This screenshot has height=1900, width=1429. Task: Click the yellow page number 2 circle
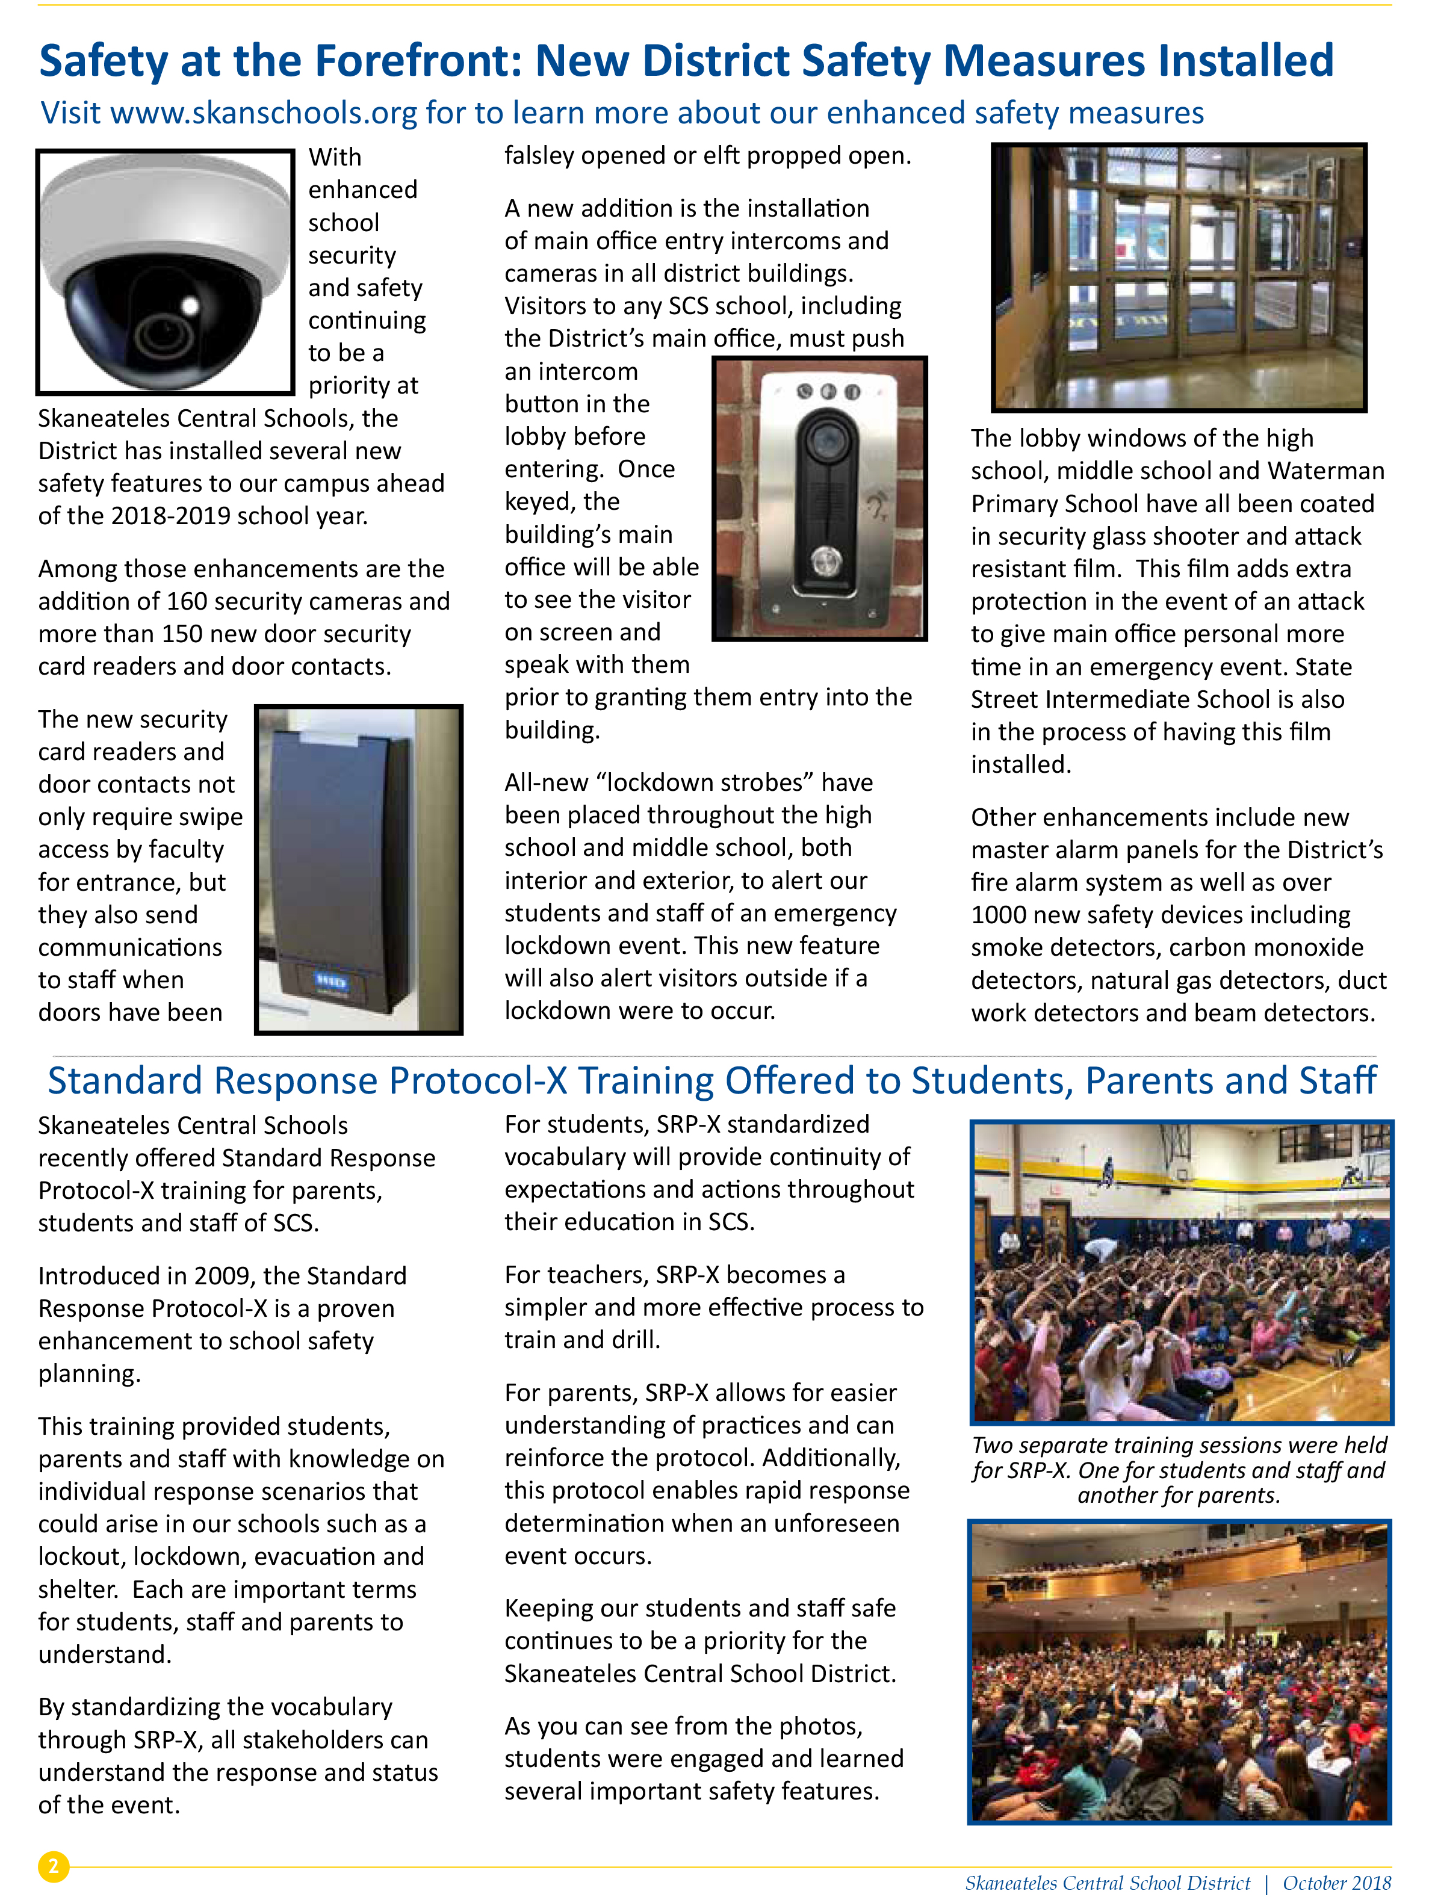[54, 1866]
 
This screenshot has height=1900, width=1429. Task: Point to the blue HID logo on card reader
[331, 980]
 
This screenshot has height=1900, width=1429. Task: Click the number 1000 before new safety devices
[1001, 915]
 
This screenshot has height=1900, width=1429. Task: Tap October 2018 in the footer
[1336, 1883]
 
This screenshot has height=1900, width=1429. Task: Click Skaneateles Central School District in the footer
[1108, 1883]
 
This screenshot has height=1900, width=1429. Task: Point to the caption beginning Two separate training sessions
[1179, 1470]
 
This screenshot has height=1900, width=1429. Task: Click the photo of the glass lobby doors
[1179, 277]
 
